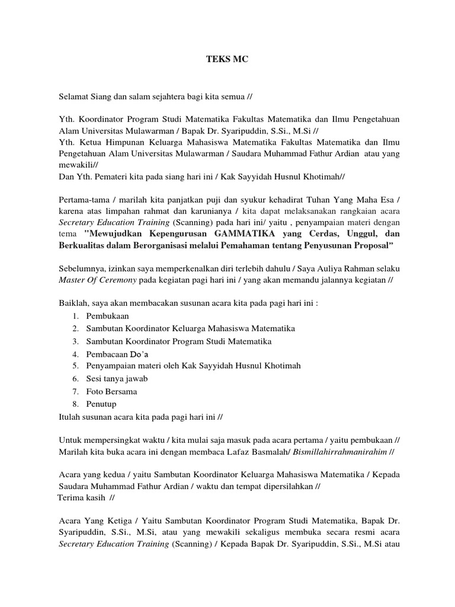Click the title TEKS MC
pyautogui.click(x=227, y=60)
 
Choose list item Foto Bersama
pyautogui.click(x=111, y=391)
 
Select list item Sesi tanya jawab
pyautogui.click(x=117, y=378)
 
